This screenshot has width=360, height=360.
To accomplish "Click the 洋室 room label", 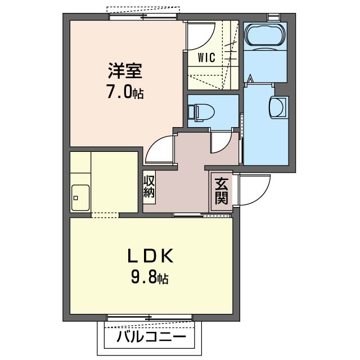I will click(125, 71).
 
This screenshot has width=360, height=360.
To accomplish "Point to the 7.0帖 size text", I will click(125, 92).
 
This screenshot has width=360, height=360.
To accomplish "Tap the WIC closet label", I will click(206, 57).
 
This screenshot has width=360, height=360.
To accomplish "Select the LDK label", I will click(149, 256).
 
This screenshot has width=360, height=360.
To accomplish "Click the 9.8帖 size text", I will click(149, 277).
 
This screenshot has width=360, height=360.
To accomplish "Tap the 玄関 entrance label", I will click(221, 191).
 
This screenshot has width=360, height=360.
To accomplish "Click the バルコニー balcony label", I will click(151, 337).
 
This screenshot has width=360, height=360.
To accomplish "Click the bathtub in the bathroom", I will click(265, 35).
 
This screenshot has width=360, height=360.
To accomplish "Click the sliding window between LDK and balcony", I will click(151, 318).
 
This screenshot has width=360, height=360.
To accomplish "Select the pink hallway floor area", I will click(191, 169).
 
